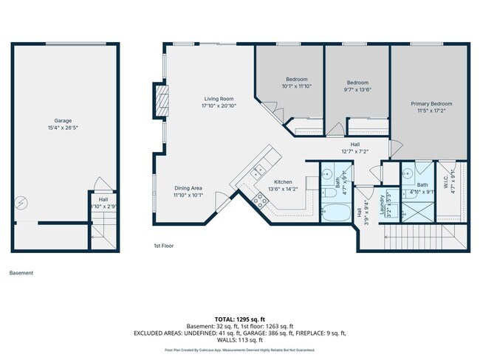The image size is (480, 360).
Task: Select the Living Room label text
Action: pyautogui.click(x=219, y=99)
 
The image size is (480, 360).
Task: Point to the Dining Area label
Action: pyautogui.click(x=188, y=188)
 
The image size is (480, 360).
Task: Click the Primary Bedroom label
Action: pyautogui.click(x=431, y=104)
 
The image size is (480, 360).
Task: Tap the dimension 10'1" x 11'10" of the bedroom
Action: pyautogui.click(x=296, y=86)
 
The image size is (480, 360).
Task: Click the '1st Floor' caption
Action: pyautogui.click(x=163, y=246)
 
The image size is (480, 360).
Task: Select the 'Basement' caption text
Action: pyautogui.click(x=21, y=272)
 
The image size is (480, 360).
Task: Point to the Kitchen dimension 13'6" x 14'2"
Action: pyautogui.click(x=284, y=188)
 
